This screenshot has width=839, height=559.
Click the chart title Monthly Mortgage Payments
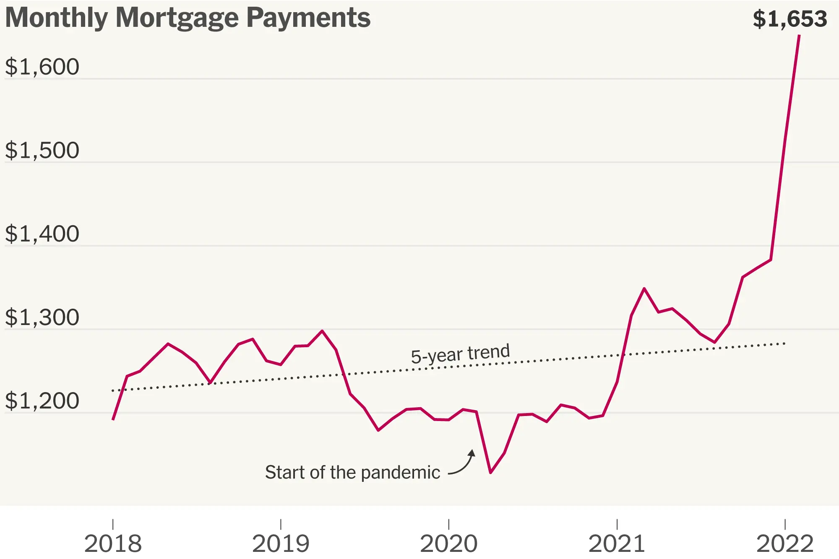click(188, 18)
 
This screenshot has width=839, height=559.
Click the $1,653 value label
click(789, 19)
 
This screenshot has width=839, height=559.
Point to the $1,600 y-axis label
click(42, 67)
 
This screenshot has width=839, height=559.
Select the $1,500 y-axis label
click(42, 151)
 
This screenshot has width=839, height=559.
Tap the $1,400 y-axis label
click(42, 234)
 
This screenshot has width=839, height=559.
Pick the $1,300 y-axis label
click(42, 317)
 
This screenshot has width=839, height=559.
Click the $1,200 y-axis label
click(42, 401)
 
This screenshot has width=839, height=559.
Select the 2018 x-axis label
click(113, 543)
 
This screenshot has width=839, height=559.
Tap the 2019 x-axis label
click(281, 543)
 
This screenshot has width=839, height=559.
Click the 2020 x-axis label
click(449, 543)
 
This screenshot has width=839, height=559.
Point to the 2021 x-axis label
click(617, 543)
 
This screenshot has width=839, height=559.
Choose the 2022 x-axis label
click(785, 543)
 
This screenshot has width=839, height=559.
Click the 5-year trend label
click(460, 354)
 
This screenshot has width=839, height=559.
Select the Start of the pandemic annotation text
click(352, 473)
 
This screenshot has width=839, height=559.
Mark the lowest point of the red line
click(490, 473)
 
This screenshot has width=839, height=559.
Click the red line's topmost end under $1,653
click(799, 36)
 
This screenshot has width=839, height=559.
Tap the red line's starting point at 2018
click(113, 419)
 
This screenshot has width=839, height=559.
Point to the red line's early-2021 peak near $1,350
click(644, 289)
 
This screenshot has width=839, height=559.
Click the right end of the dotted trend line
click(784, 344)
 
